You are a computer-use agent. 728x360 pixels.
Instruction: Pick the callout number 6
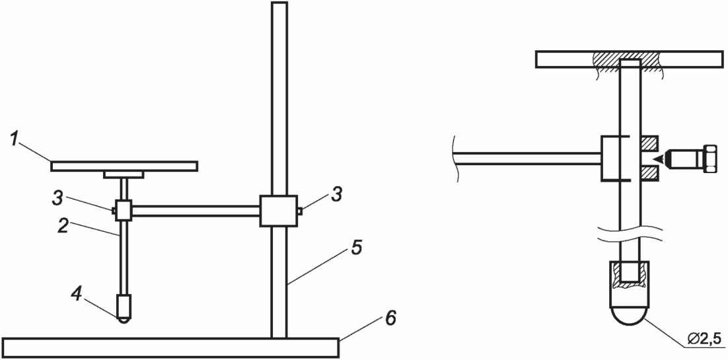[391, 318]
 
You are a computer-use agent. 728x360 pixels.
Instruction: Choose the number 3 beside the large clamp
[336, 195]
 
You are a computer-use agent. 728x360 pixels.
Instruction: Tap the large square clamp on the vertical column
[278, 211]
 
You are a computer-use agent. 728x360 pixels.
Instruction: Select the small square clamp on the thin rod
[124, 211]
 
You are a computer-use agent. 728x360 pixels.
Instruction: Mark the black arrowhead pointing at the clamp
[659, 159]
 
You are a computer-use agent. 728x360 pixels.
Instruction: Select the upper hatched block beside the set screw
[649, 144]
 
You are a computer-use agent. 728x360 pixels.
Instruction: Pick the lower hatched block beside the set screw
[649, 173]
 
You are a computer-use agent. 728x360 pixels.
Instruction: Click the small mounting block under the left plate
[124, 174]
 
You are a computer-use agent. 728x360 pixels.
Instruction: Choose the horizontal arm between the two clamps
[196, 211]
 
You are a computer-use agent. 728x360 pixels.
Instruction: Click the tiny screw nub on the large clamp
[299, 211]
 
